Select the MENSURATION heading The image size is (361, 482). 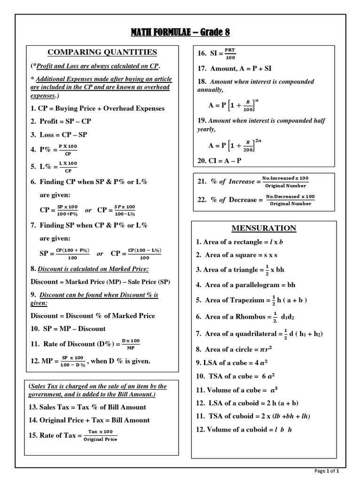[264, 228]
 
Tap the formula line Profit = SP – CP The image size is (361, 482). [61, 121]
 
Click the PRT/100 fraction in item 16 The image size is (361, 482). [230, 54]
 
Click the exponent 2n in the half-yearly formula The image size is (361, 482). [259, 140]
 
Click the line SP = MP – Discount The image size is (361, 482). [68, 329]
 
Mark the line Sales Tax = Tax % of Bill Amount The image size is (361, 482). [88, 407]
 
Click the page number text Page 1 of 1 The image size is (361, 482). [326, 471]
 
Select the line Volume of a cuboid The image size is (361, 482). [244, 430]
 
